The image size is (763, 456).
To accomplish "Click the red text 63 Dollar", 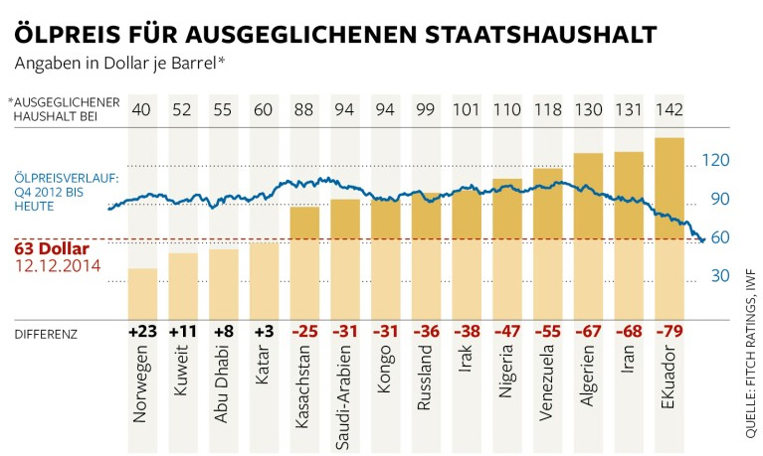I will pos(52,248).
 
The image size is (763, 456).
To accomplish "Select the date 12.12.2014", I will pos(57,266).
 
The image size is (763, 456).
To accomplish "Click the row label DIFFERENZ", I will pos(45,332).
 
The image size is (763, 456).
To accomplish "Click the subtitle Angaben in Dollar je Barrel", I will pos(118,64).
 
